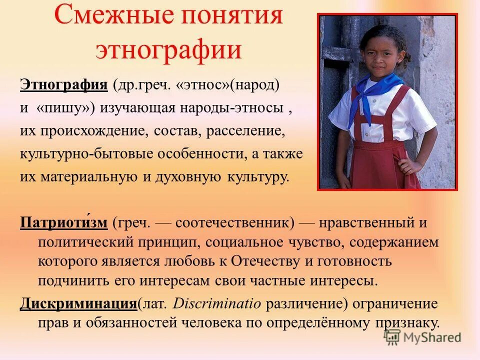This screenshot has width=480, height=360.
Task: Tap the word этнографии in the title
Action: pyautogui.click(x=169, y=50)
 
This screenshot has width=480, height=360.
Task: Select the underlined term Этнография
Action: pyautogui.click(x=63, y=84)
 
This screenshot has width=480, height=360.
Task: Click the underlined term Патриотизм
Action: pyautogui.click(x=63, y=222)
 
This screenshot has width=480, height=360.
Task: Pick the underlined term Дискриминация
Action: pyautogui.click(x=78, y=303)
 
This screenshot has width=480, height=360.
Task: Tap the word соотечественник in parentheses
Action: pyautogui.click(x=234, y=223)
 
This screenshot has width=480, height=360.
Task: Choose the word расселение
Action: pyautogui.click(x=247, y=131)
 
